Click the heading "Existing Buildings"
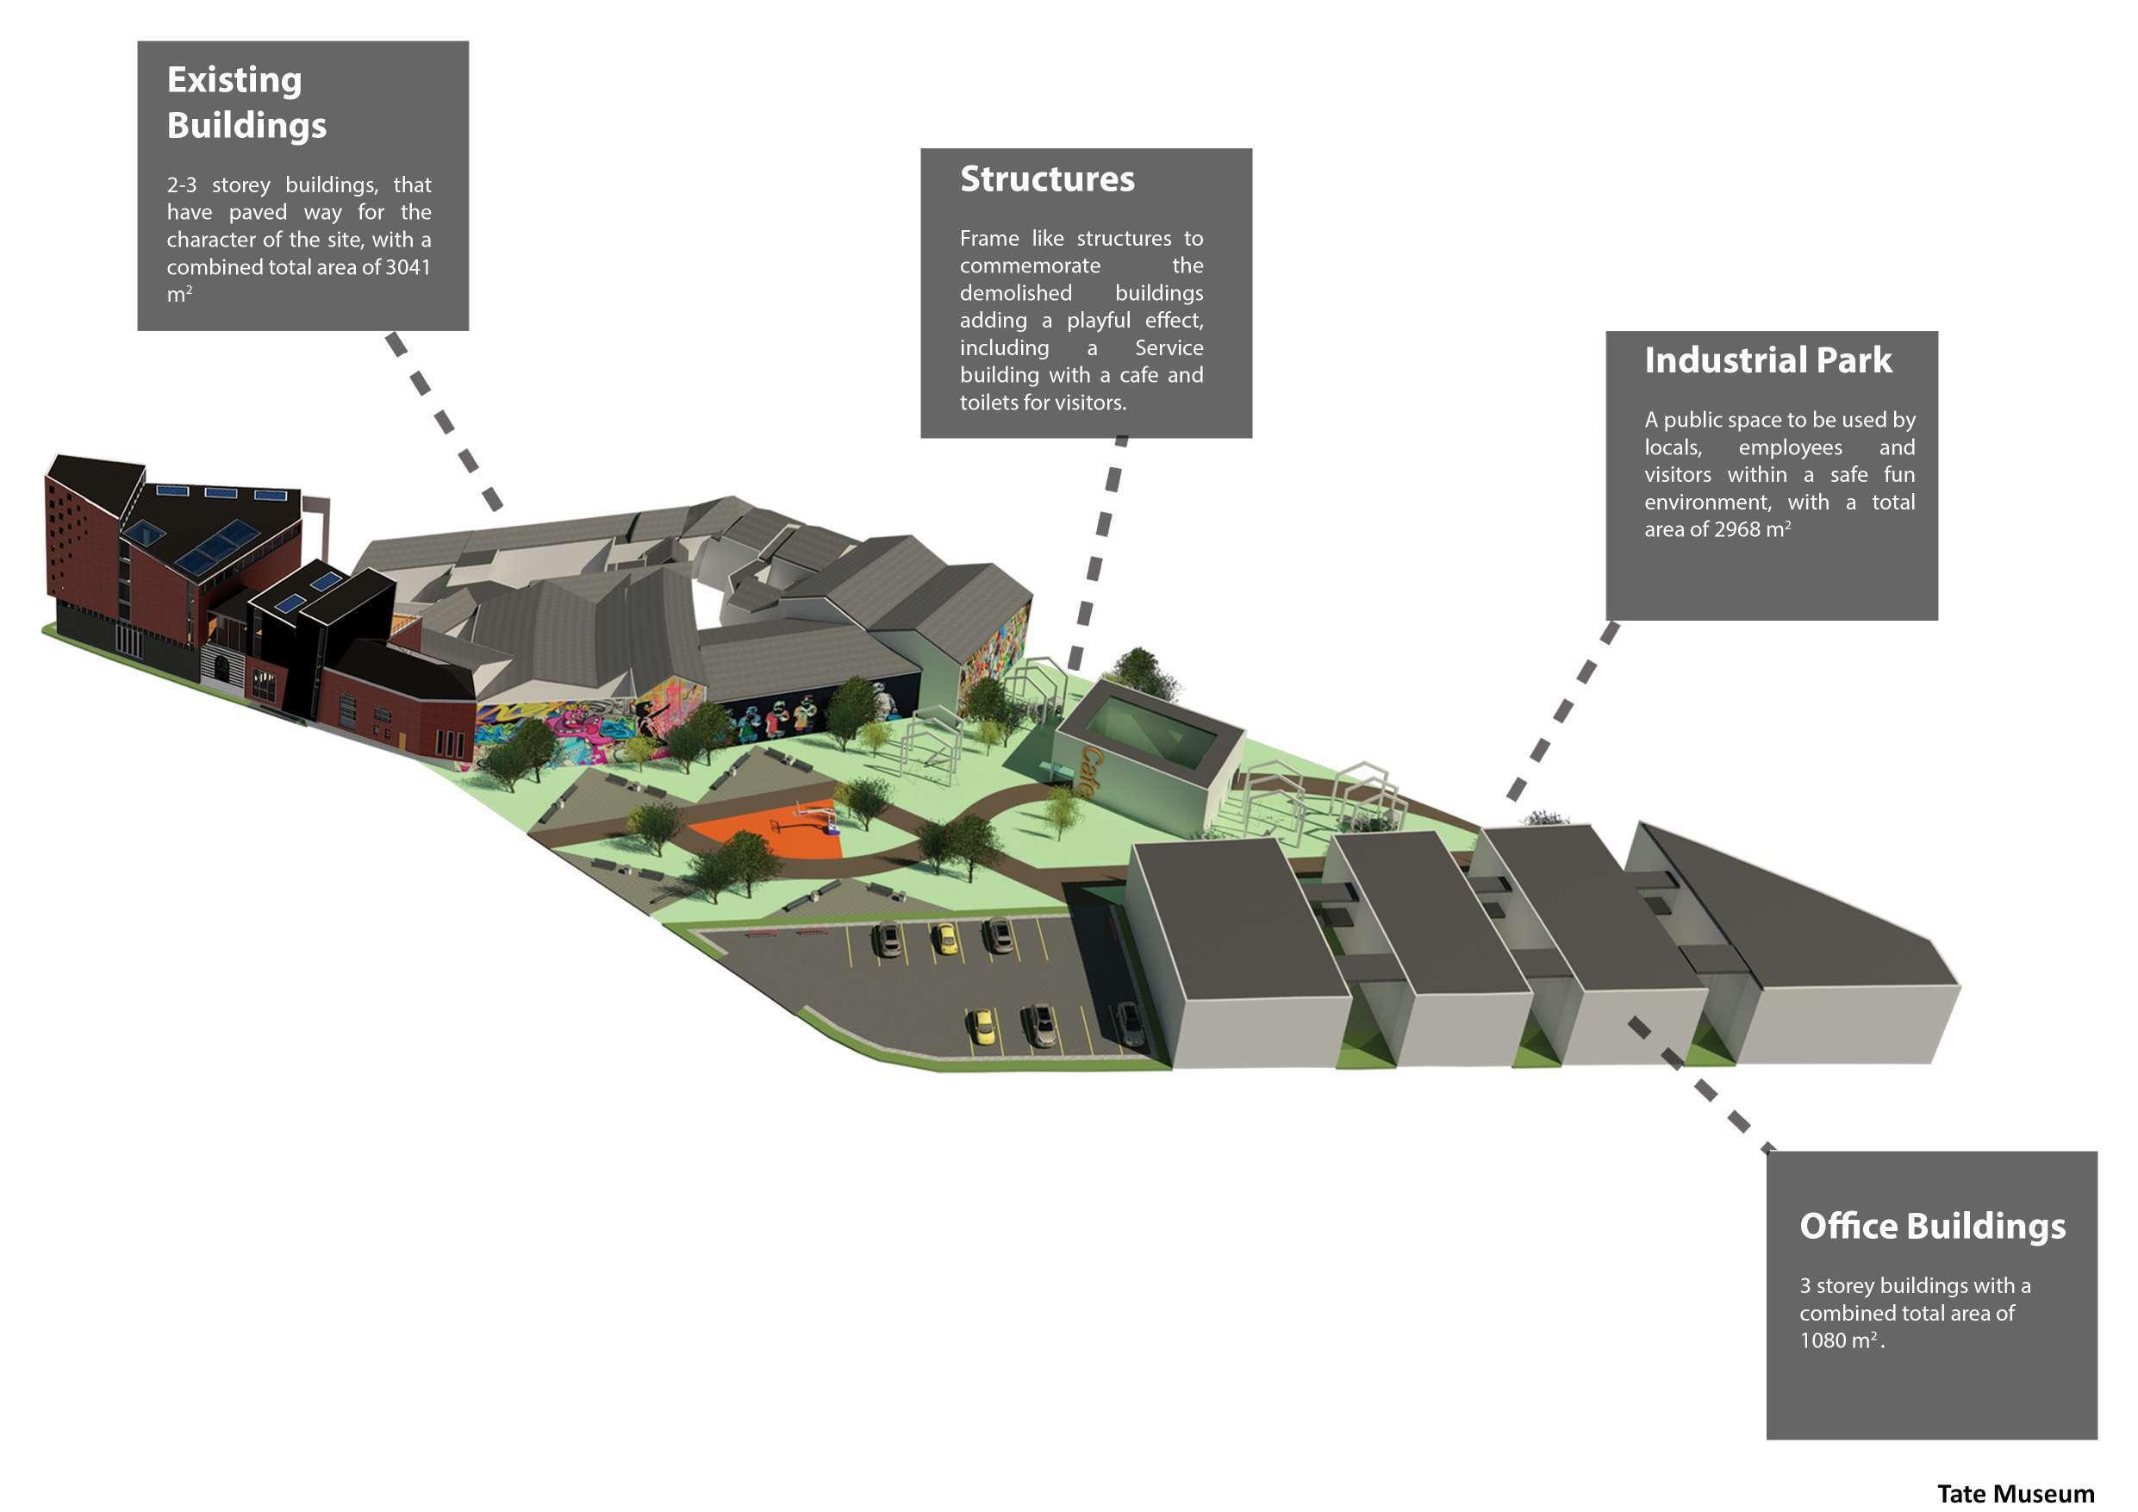coord(246,103)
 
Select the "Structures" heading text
coord(1047,178)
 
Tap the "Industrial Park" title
coord(1767,360)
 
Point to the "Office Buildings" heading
coord(1932,1226)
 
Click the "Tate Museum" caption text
coord(2015,1493)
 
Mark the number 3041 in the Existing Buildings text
coord(408,267)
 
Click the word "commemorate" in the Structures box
coord(1030,266)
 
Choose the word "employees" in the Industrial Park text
coord(1790,447)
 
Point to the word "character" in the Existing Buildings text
coord(211,240)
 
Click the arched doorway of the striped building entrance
coord(223,667)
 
